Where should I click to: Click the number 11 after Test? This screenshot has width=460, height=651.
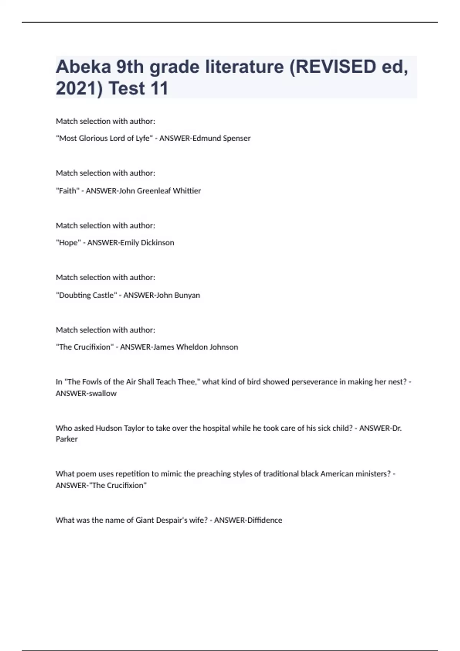[159, 88]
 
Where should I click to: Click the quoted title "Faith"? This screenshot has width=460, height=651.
[67, 191]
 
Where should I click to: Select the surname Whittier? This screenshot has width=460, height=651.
[187, 191]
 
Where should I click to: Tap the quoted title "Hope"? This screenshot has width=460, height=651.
[68, 243]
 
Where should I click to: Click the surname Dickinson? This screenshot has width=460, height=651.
[158, 243]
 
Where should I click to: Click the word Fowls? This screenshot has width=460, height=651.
[91, 382]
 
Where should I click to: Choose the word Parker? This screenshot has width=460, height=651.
[67, 439]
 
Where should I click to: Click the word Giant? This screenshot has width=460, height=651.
[145, 520]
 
